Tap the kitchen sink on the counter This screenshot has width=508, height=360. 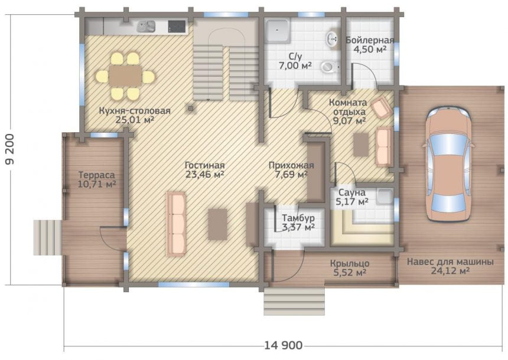pyautogui.click(x=146, y=27)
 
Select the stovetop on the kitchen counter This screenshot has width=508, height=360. pyautogui.click(x=177, y=26)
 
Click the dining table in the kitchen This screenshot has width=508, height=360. pyautogui.click(x=125, y=76)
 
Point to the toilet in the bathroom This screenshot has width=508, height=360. pyautogui.click(x=329, y=67)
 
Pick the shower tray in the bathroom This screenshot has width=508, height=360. pyautogui.click(x=277, y=30)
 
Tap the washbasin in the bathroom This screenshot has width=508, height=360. pyautogui.click(x=333, y=39)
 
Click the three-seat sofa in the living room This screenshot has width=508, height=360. pyautogui.click(x=176, y=224)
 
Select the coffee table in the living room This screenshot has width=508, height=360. pyautogui.click(x=217, y=224)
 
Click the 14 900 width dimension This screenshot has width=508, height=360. pyautogui.click(x=283, y=345)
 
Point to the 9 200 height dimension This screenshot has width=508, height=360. pyautogui.click(x=9, y=149)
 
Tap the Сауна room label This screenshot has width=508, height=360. pyautogui.click(x=352, y=192)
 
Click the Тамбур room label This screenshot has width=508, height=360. pyautogui.click(x=298, y=218)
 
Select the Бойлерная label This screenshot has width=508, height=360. pyautogui.click(x=370, y=41)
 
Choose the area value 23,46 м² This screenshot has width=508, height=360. pyautogui.click(x=205, y=175)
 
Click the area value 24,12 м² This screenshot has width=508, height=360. pyautogui.click(x=450, y=271)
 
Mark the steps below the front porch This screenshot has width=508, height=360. pyautogui.click(x=294, y=301)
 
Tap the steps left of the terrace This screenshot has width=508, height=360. pyautogui.click(x=47, y=237)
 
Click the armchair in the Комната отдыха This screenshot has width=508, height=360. pyautogui.click(x=381, y=106)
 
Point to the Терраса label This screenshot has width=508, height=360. pyautogui.click(x=96, y=175)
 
